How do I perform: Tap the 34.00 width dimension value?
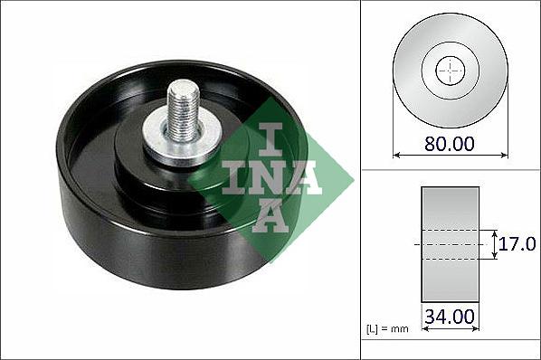[x=450, y=317]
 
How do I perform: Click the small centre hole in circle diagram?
[x=451, y=70]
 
